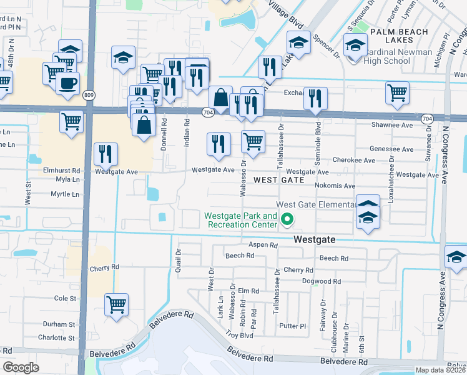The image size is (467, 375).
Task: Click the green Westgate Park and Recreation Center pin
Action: tap(287, 219)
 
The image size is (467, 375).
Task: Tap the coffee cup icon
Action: tap(67, 82)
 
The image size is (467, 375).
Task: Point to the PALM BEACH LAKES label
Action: tap(400, 36)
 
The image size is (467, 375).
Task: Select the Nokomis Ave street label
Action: tap(335, 186)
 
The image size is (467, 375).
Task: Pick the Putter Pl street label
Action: tap(293, 326)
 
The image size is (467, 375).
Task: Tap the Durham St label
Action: tap(59, 324)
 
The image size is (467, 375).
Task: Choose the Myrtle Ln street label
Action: tap(65, 194)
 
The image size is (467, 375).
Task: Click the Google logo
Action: tap(21, 367)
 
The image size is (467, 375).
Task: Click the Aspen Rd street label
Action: tap(263, 245)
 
